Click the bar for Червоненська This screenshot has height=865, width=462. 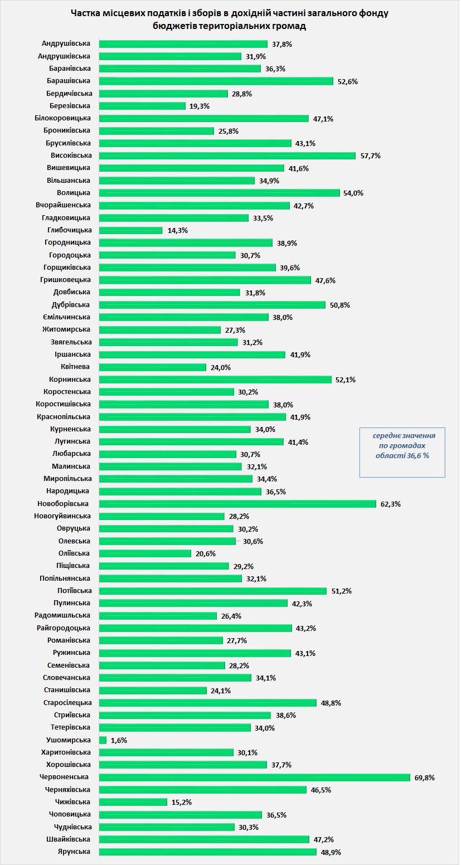tap(255, 777)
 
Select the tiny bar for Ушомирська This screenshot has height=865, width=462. tap(103, 740)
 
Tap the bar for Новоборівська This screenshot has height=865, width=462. tap(237, 504)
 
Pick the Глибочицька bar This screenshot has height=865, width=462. tap(131, 230)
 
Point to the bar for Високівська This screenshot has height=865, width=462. tap(227, 155)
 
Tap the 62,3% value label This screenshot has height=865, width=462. tap(391, 504)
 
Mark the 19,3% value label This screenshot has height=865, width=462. tap(200, 106)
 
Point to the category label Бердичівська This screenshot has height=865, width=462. tap(66, 93)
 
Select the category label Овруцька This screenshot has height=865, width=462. tap(73, 528)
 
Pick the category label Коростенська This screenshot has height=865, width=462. tap(67, 392)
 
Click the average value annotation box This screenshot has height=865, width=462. tap(402, 452)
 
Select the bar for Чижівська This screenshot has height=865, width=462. tap(133, 802)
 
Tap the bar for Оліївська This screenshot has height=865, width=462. tap(145, 553)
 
